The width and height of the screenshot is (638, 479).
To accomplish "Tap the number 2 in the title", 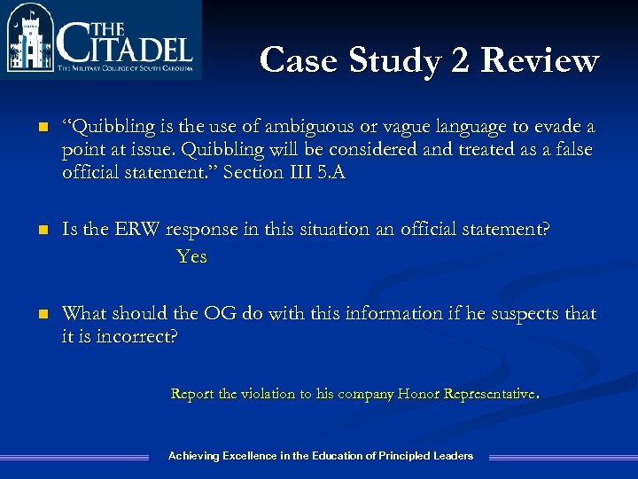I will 461,60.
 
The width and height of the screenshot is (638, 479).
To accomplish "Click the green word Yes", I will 191,257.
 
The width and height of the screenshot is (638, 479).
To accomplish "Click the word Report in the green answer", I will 191,394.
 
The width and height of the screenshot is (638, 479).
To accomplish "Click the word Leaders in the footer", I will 453,456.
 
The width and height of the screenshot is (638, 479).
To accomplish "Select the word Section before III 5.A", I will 253,173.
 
